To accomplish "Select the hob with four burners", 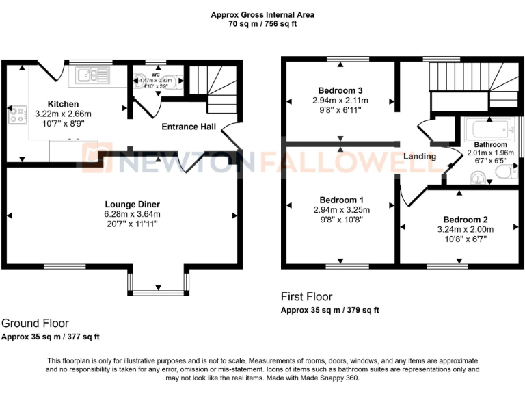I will click(x=14, y=115).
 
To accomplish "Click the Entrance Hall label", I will click(x=189, y=127).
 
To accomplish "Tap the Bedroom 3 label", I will click(x=340, y=90).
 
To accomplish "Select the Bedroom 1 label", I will click(x=340, y=200).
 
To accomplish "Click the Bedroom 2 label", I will click(x=465, y=220).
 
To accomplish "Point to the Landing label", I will click(x=420, y=156).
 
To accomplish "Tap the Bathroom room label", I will click(x=491, y=144).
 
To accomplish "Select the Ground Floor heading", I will click(x=35, y=323).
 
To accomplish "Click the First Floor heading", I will click(x=307, y=296).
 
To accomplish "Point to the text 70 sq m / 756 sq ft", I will click(x=262, y=23).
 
